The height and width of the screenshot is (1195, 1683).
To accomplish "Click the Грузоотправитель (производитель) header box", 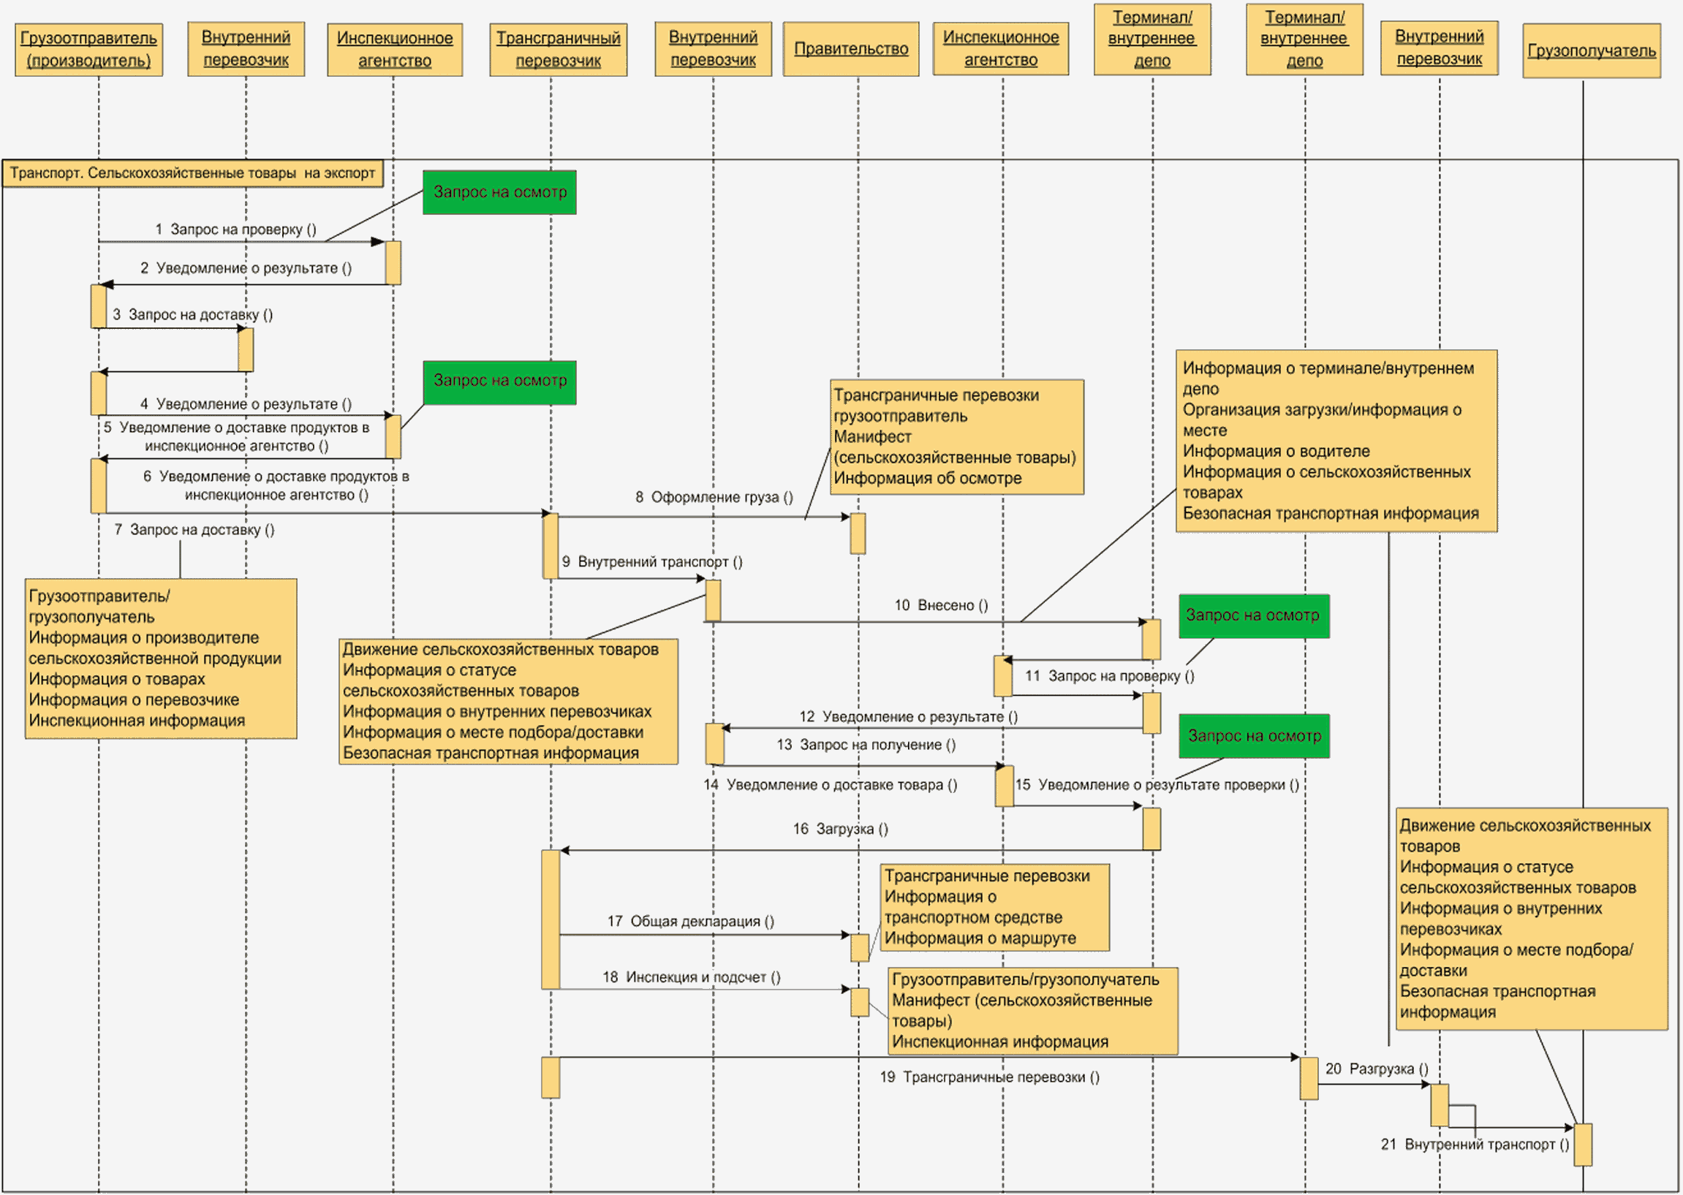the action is (x=89, y=49).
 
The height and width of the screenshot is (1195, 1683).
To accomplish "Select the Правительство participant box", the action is (x=851, y=49).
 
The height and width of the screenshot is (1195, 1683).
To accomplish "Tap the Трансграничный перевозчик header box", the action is (x=559, y=49).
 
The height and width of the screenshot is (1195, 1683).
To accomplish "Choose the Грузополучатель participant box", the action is (x=1592, y=50).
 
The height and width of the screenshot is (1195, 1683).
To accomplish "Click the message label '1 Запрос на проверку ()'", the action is (x=236, y=229).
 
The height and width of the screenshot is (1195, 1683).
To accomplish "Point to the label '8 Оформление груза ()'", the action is (x=714, y=498).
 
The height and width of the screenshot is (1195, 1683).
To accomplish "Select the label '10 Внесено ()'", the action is (x=941, y=606).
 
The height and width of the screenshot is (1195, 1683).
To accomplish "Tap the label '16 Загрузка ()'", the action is (x=840, y=830).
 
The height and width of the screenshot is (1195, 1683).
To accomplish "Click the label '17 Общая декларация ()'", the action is (x=691, y=921).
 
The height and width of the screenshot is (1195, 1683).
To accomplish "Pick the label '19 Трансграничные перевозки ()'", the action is (x=990, y=1077).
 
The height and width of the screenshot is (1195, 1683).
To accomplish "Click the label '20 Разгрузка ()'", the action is (x=1377, y=1069).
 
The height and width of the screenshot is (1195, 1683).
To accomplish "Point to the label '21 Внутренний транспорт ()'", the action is (x=1475, y=1145).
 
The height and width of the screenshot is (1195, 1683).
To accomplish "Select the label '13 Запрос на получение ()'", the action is (x=866, y=746).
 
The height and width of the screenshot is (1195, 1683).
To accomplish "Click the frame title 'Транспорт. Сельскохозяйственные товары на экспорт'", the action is (x=193, y=174).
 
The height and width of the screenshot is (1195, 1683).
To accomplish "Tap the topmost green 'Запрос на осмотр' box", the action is (x=499, y=193).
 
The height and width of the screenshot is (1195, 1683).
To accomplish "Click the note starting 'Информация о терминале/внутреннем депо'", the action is (x=1336, y=441).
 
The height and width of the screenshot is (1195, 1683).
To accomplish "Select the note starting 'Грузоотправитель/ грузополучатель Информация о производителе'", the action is (x=161, y=659).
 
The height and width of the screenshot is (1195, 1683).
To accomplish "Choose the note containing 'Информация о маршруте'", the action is (x=995, y=907).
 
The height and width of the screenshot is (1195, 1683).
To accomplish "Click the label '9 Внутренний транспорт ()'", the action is (x=652, y=562).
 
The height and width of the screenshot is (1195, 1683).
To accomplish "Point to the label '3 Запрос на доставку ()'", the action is (x=193, y=315).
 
